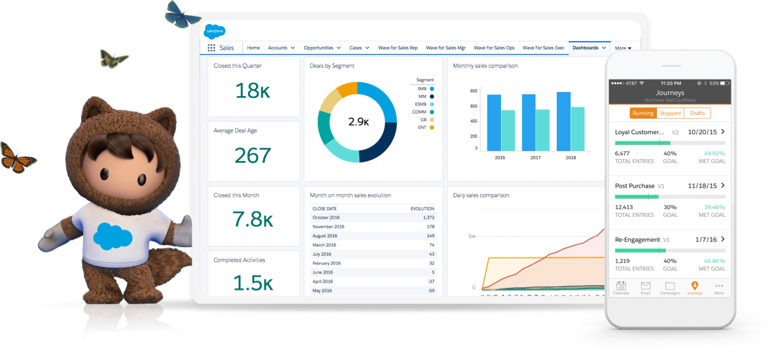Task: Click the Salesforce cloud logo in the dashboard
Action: click(214, 31)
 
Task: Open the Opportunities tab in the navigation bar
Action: click(318, 48)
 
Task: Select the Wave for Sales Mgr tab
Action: click(446, 48)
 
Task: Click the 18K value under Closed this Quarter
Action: click(253, 90)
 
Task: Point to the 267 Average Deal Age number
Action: click(253, 156)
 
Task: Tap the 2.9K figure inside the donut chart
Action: click(358, 122)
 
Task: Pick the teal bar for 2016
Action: click(508, 130)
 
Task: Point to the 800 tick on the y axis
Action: click(473, 91)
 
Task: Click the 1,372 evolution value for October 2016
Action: click(428, 217)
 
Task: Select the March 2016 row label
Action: click(324, 245)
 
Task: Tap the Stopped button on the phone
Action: click(670, 113)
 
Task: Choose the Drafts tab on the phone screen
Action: click(697, 113)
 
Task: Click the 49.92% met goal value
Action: click(714, 153)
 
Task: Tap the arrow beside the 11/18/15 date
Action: click(723, 185)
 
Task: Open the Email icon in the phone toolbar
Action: click(645, 287)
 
